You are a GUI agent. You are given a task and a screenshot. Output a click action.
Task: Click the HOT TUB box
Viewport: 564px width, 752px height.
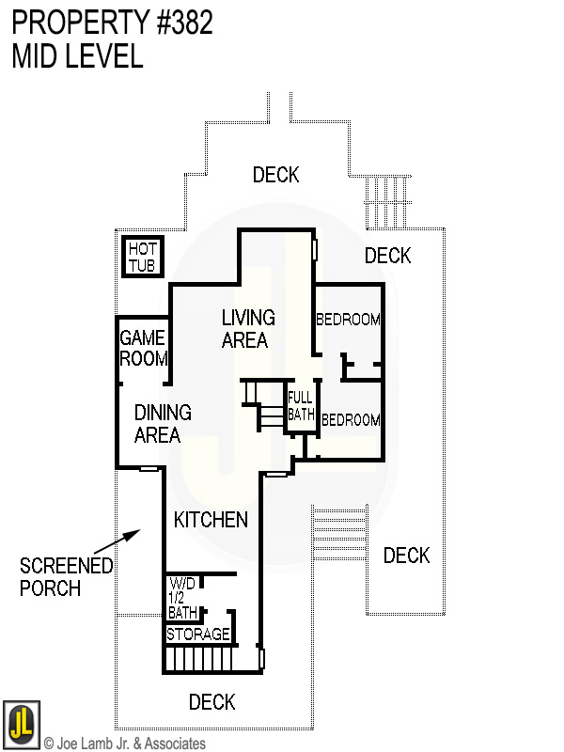pyautogui.click(x=143, y=257)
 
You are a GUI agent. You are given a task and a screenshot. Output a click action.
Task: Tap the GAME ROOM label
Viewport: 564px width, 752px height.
pyautogui.click(x=143, y=348)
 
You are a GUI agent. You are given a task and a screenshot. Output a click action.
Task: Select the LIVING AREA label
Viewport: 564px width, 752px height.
pyautogui.click(x=248, y=328)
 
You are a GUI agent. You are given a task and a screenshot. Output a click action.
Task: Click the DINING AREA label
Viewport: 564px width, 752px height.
pyautogui.click(x=163, y=424)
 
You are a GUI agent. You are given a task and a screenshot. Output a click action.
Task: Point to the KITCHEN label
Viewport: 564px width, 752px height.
pyautogui.click(x=211, y=520)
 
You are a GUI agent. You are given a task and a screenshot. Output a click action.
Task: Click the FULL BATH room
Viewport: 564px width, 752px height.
pyautogui.click(x=300, y=405)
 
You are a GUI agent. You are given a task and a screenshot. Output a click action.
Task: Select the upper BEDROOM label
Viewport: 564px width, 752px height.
pyautogui.click(x=348, y=319)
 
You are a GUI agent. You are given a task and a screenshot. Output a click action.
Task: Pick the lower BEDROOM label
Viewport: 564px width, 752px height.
pyautogui.click(x=351, y=420)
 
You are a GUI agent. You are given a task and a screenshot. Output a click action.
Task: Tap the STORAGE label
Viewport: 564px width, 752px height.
pyautogui.click(x=197, y=634)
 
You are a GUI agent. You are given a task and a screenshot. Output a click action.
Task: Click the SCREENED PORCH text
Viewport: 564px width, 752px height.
pyautogui.click(x=66, y=576)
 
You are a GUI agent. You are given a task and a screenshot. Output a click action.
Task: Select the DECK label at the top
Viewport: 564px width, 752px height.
pyautogui.click(x=275, y=175)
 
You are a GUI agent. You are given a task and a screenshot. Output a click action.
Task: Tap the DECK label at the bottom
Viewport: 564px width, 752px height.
pyautogui.click(x=211, y=702)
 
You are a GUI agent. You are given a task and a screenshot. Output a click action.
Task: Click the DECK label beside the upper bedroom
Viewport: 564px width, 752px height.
pyautogui.click(x=387, y=256)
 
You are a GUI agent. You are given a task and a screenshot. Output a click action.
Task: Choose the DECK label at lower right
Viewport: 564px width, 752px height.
pyautogui.click(x=406, y=556)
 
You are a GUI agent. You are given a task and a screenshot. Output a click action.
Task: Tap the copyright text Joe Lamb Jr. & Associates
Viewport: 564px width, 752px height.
pyautogui.click(x=124, y=744)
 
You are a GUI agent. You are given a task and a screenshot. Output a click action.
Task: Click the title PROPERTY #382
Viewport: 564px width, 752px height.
pyautogui.click(x=113, y=22)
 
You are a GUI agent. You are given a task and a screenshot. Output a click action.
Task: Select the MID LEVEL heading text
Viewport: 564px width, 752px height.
pyautogui.click(x=77, y=56)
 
